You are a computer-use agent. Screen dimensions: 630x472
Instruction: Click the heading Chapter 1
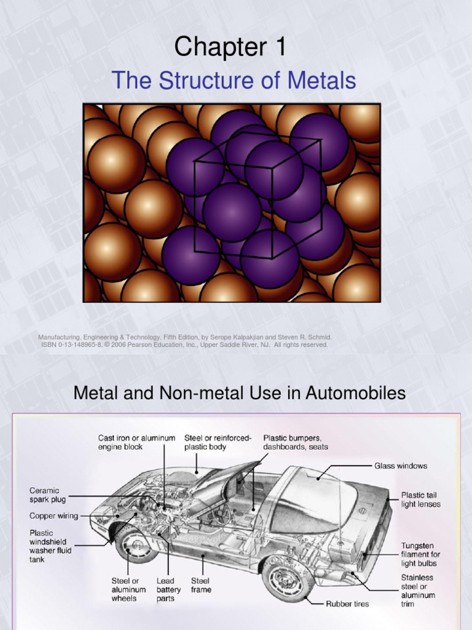(x=230, y=47)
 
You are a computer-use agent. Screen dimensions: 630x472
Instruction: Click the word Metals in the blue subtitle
(x=324, y=81)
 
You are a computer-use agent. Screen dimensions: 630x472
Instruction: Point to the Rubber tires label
(x=347, y=604)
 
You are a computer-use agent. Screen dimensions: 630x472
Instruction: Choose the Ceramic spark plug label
(x=48, y=495)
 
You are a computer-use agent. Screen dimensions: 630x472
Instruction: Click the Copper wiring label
(x=54, y=516)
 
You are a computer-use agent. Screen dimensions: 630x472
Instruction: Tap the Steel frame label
(x=201, y=585)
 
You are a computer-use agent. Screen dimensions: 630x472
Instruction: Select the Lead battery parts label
(x=168, y=589)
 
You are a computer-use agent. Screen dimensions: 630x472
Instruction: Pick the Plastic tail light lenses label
(x=421, y=499)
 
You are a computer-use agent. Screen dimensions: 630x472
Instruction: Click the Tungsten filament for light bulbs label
(x=420, y=554)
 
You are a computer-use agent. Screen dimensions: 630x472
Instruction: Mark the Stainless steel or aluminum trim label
(x=418, y=591)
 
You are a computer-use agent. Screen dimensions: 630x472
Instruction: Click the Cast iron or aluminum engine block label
(x=136, y=442)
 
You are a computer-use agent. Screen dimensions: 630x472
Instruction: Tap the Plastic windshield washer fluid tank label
(x=50, y=546)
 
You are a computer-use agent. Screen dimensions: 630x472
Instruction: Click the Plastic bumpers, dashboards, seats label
(x=296, y=442)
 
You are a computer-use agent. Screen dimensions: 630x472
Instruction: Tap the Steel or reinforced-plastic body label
(x=218, y=442)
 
